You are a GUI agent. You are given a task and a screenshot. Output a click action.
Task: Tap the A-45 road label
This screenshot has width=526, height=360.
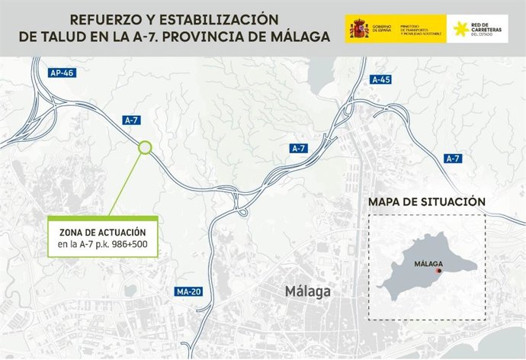[381, 79]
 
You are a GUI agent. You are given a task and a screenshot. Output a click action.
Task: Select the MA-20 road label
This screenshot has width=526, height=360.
[187, 291]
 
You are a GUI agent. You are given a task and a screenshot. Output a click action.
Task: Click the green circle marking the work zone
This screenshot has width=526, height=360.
[145, 147]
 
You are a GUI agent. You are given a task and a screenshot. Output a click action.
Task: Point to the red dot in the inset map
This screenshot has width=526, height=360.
[438, 271]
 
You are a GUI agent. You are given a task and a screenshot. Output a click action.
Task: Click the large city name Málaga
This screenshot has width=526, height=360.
[307, 291]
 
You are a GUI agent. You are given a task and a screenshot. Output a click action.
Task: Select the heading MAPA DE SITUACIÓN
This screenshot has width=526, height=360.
[426, 202]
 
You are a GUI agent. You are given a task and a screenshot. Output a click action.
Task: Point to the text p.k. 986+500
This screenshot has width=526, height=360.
[130, 246]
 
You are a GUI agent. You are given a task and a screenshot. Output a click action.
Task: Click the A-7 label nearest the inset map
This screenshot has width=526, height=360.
[453, 158]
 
